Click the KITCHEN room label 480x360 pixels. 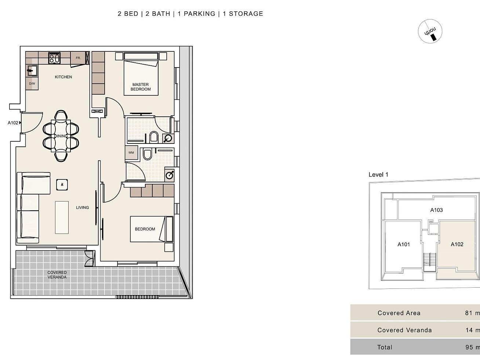click(x=63, y=77)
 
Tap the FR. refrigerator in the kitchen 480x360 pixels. click(x=78, y=58)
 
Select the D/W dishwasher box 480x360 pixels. click(x=32, y=84)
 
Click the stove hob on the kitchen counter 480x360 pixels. click(x=54, y=58)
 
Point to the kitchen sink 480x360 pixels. click(x=32, y=70)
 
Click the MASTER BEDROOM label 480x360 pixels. click(x=141, y=87)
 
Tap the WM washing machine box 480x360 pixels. click(x=131, y=153)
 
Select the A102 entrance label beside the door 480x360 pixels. click(x=13, y=123)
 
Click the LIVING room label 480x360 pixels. click(x=83, y=207)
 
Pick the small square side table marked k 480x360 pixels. click(x=62, y=185)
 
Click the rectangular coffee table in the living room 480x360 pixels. click(x=62, y=218)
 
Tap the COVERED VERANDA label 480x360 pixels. click(x=57, y=275)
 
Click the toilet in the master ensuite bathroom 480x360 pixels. click(x=154, y=137)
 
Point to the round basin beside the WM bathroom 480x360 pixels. click(x=170, y=175)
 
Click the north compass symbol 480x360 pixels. click(x=430, y=31)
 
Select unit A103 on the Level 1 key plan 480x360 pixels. click(x=436, y=210)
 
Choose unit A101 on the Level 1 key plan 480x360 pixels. click(x=403, y=244)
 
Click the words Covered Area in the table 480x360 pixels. click(x=399, y=313)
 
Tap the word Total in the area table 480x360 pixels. click(x=385, y=347)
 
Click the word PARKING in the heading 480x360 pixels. click(x=199, y=14)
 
